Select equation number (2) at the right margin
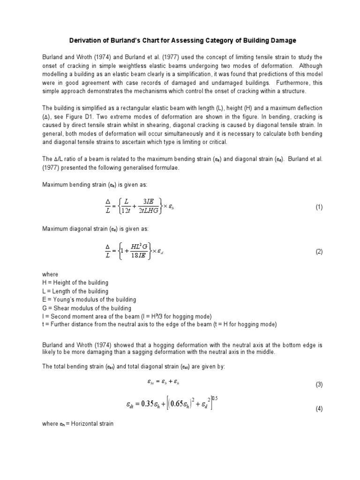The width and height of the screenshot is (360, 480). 319,252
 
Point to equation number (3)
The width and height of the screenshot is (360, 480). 319,385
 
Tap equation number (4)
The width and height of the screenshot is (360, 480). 319,409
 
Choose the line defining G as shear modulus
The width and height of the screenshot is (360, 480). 87,308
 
